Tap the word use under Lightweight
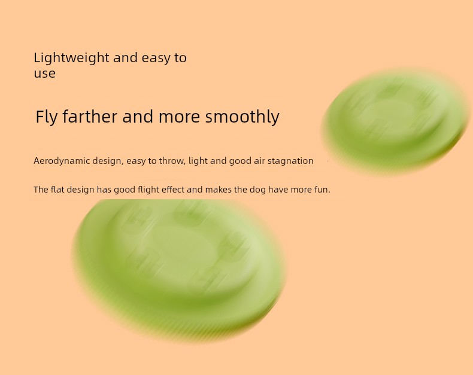[45, 74]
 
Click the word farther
[90, 117]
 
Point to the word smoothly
[242, 117]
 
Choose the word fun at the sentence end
[322, 190]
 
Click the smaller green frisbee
[396, 122]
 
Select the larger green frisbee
[178, 270]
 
